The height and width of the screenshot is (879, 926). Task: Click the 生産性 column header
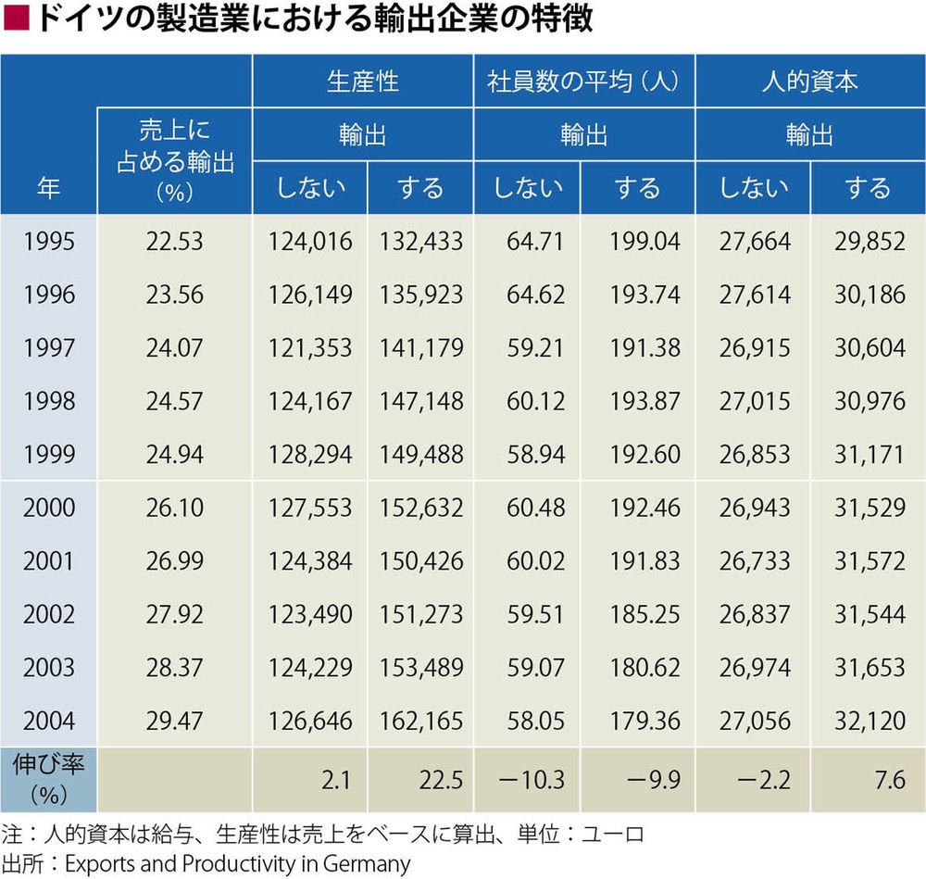tap(363, 81)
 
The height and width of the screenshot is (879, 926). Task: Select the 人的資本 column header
tap(809, 81)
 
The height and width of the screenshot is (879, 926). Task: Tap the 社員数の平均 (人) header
tap(582, 81)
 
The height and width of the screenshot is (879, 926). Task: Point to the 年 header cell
tap(48, 188)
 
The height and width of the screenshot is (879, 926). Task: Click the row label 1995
tap(49, 241)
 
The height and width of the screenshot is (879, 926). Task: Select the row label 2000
tap(49, 508)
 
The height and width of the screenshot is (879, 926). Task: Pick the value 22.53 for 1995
tap(174, 241)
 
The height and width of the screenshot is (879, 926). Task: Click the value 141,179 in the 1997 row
tap(421, 347)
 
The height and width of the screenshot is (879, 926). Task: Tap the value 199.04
tap(644, 241)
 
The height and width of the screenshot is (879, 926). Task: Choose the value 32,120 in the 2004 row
tap(870, 721)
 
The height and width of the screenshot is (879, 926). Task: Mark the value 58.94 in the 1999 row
tap(535, 454)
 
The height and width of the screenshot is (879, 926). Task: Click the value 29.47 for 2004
tap(174, 721)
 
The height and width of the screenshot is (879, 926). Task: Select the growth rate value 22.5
tap(441, 780)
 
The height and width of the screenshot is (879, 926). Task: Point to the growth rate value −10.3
tap(532, 780)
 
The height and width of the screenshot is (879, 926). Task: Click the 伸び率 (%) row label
tap(48, 779)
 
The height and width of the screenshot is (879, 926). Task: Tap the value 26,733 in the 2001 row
tap(755, 560)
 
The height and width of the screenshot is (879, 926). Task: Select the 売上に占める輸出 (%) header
tap(175, 160)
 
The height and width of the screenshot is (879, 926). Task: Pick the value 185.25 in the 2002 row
tap(644, 614)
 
